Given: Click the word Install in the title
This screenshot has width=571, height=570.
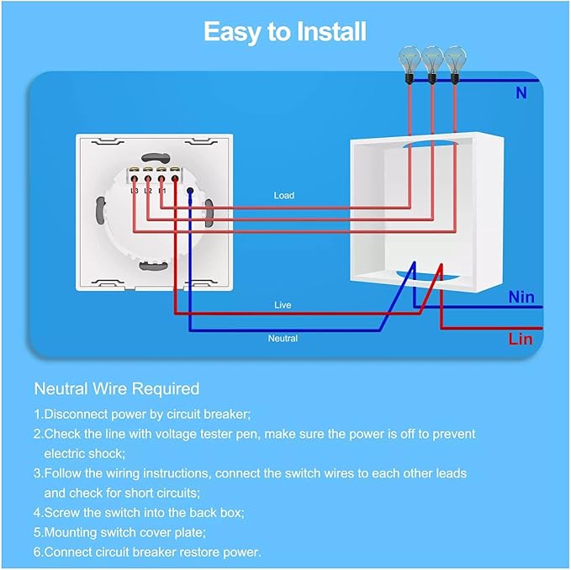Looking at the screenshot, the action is click(331, 31).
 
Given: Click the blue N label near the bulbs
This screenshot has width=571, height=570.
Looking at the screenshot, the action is click(521, 93).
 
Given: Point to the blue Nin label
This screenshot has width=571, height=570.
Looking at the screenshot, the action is click(521, 297).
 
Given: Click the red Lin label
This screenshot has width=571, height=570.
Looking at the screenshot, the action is click(521, 340).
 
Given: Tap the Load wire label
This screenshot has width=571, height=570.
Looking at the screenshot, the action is click(284, 195).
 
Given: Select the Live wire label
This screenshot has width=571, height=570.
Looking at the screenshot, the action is click(283, 305).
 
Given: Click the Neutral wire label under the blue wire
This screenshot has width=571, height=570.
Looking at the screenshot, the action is click(283, 339).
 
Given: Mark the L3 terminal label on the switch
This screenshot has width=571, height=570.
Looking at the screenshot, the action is click(135, 191).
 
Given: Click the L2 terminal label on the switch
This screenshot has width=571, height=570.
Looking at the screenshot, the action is click(148, 191).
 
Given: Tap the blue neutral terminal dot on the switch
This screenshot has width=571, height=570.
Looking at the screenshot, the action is click(190, 191).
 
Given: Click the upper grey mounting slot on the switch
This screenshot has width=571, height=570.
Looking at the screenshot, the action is click(156, 157).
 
